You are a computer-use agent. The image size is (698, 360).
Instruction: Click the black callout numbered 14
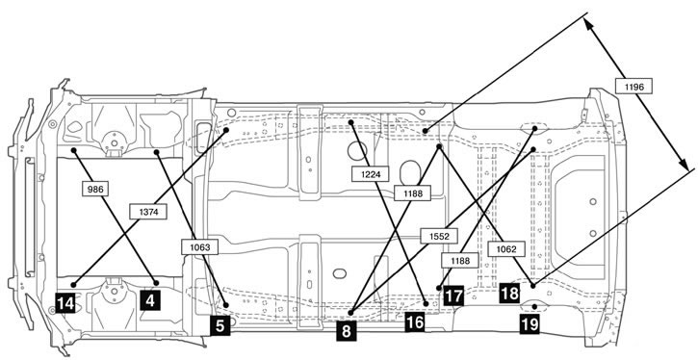click(65, 303)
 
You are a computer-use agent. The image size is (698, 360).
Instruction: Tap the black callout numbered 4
click(150, 300)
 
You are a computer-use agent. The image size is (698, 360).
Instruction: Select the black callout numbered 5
click(220, 325)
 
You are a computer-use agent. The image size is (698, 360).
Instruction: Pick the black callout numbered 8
click(347, 331)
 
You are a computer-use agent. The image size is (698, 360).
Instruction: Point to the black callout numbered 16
click(415, 322)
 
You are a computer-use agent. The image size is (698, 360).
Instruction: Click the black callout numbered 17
click(453, 296)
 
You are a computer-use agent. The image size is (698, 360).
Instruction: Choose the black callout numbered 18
click(509, 293)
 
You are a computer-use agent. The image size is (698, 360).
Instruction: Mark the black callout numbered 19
click(530, 323)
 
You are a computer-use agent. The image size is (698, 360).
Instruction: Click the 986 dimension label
click(95, 190)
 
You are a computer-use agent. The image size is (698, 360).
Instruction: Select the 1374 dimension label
click(148, 212)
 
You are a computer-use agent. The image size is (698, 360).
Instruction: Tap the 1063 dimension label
click(199, 247)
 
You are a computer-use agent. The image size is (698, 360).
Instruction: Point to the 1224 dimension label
click(371, 174)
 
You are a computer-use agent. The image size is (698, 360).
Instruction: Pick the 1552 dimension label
click(439, 236)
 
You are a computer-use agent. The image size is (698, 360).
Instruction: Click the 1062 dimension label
click(506, 249)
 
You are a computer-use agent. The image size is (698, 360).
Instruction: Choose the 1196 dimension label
click(633, 87)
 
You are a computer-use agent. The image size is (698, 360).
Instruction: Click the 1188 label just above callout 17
click(460, 260)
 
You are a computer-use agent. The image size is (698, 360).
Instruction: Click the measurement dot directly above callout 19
click(534, 306)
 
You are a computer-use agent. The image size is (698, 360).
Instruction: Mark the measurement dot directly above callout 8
click(351, 313)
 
